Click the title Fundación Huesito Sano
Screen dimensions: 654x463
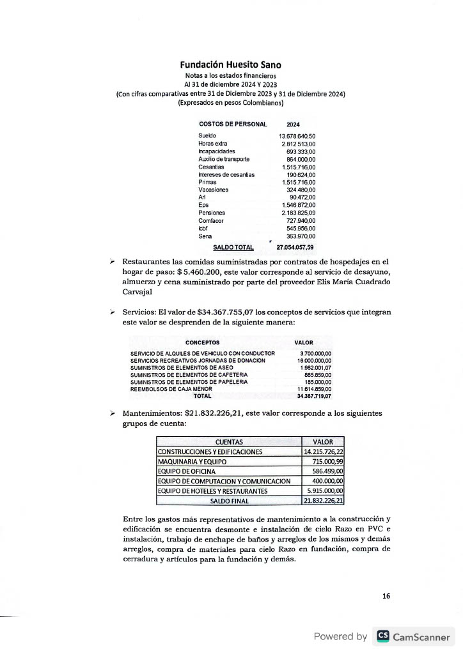point(230,65)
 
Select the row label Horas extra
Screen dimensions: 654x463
point(212,144)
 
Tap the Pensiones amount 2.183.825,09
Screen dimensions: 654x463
point(298,213)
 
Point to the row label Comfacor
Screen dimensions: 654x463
point(211,220)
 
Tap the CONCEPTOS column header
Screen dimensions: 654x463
point(202,343)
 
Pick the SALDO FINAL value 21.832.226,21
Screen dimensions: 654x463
point(324,501)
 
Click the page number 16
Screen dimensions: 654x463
point(386,596)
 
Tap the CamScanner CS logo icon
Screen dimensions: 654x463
point(382,636)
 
